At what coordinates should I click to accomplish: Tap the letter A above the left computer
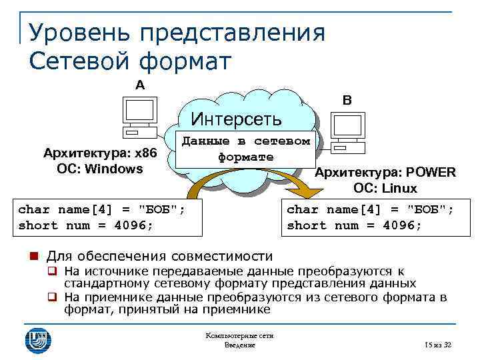click(139, 85)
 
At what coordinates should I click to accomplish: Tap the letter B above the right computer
click(347, 101)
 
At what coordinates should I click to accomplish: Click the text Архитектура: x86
click(99, 154)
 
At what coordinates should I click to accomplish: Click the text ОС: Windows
click(99, 169)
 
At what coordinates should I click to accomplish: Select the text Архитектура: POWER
click(385, 173)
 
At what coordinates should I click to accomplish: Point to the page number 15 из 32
click(438, 345)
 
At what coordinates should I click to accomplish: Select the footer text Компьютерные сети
click(240, 336)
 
